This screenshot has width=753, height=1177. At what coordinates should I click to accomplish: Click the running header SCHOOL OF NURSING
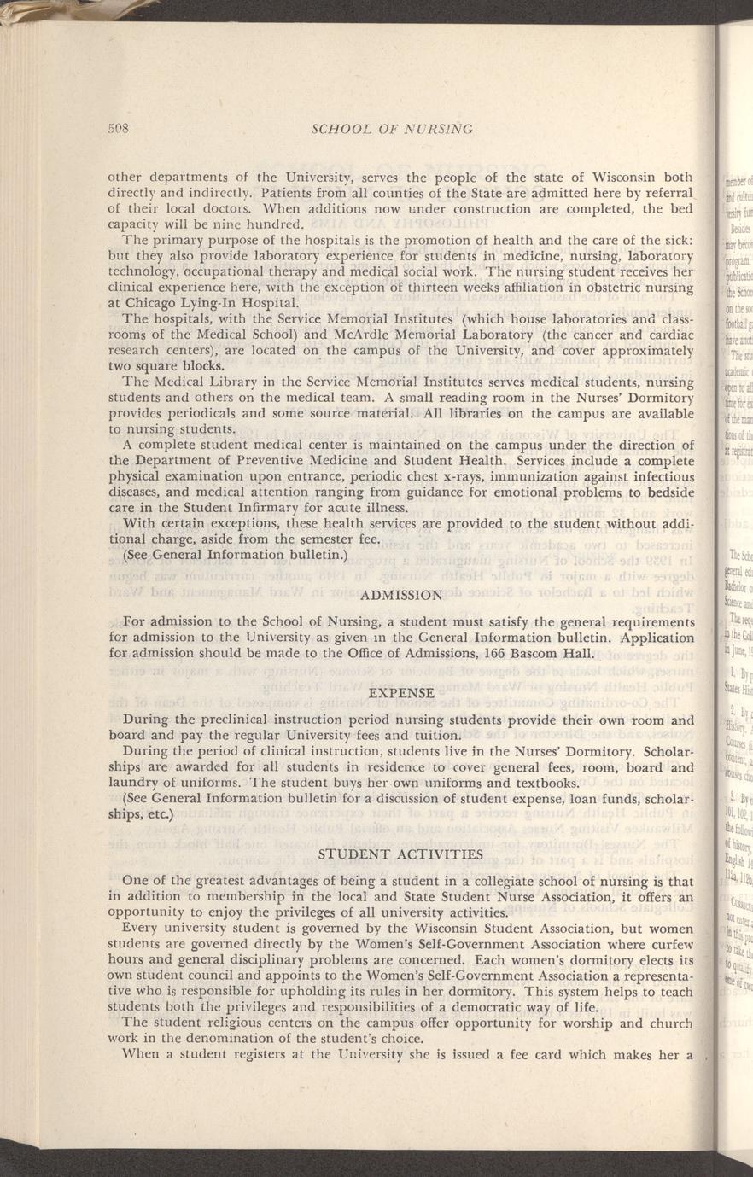(393, 129)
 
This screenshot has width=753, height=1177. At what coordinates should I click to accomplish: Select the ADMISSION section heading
(401, 594)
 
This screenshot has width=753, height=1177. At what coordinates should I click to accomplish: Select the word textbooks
(545, 784)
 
